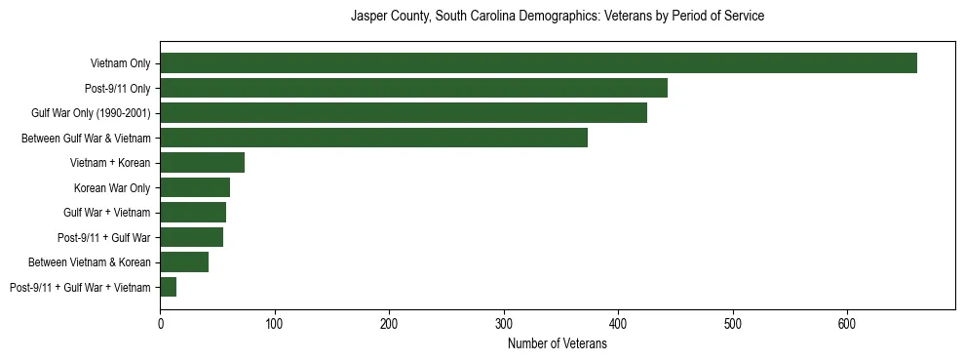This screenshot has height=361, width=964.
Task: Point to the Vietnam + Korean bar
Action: (202, 163)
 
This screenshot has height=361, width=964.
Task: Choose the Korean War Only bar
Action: (195, 187)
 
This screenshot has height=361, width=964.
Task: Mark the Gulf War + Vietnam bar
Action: (193, 213)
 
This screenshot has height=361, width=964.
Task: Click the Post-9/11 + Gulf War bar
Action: (191, 237)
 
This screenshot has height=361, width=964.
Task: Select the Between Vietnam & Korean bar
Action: (184, 261)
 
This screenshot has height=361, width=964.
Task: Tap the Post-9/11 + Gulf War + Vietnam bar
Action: (168, 287)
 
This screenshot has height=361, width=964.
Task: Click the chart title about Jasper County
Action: (557, 17)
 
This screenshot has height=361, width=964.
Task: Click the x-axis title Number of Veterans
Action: (557, 344)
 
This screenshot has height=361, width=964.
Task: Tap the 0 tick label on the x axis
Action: (160, 322)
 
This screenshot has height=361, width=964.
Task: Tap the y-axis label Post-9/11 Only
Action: (118, 89)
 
